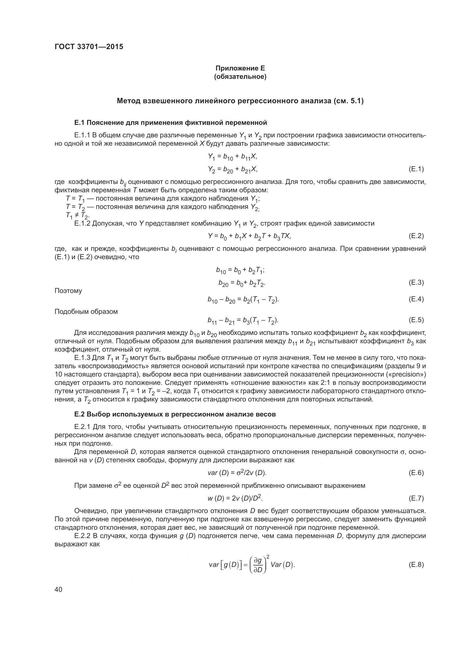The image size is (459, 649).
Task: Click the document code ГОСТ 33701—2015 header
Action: [89, 47]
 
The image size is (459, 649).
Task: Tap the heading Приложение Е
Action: [240, 68]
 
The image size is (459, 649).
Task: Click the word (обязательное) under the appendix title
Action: [240, 77]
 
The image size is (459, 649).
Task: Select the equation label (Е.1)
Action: [416, 169]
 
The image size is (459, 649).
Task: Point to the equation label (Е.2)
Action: [416, 236]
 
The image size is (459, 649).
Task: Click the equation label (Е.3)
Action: [416, 282]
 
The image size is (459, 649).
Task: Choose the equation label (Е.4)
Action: [416, 299]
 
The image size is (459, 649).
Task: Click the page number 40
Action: [59, 590]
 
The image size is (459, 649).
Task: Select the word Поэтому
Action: [68, 291]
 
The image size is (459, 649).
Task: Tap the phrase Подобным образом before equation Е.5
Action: [86, 312]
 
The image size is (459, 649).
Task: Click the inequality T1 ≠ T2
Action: [77, 216]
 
